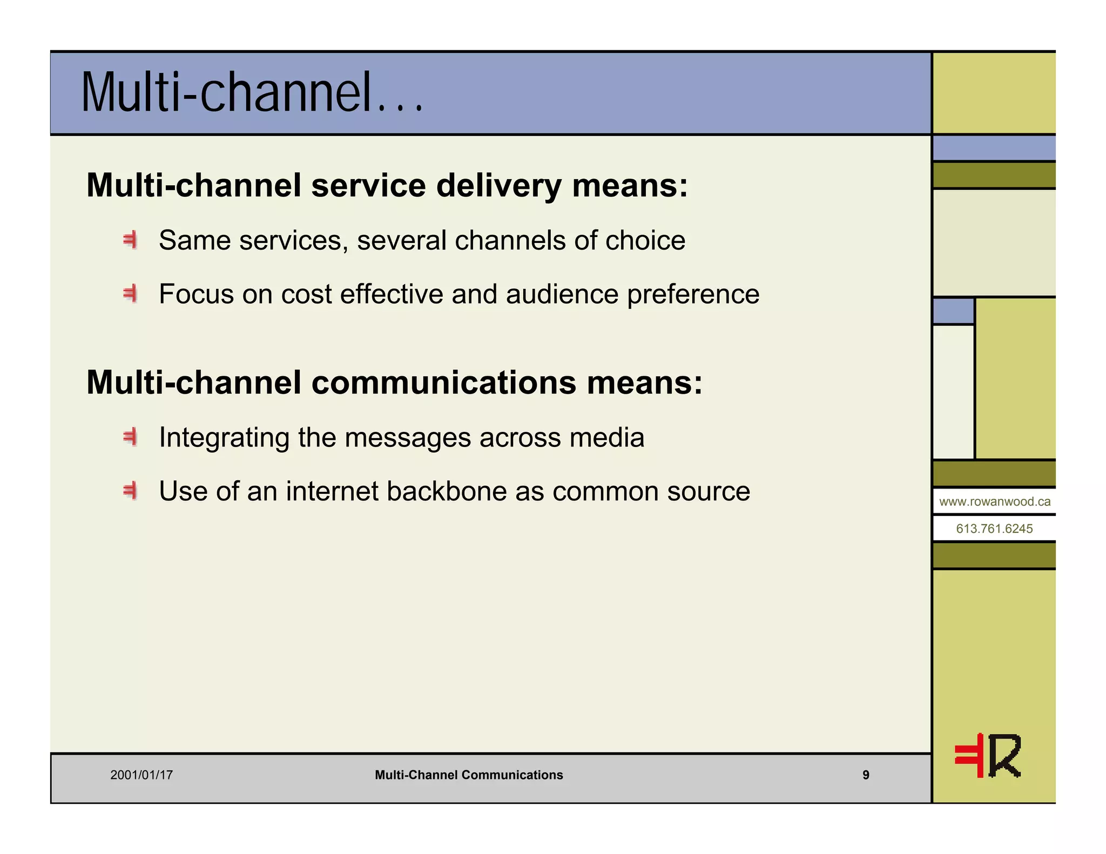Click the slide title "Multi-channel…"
click(x=252, y=93)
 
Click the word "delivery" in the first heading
click(x=498, y=186)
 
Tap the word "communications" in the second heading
click(x=443, y=383)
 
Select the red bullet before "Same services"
click(x=130, y=240)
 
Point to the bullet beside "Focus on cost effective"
click(x=130, y=294)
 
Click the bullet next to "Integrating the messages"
click(x=130, y=437)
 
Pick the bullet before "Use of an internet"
click(x=130, y=491)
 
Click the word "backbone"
click(x=450, y=491)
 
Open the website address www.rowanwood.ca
click(x=995, y=501)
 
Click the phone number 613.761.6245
click(x=994, y=528)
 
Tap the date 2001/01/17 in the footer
click(x=141, y=775)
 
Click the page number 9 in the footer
click(x=866, y=775)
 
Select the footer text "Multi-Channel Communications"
click(x=469, y=775)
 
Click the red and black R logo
click(x=988, y=756)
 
